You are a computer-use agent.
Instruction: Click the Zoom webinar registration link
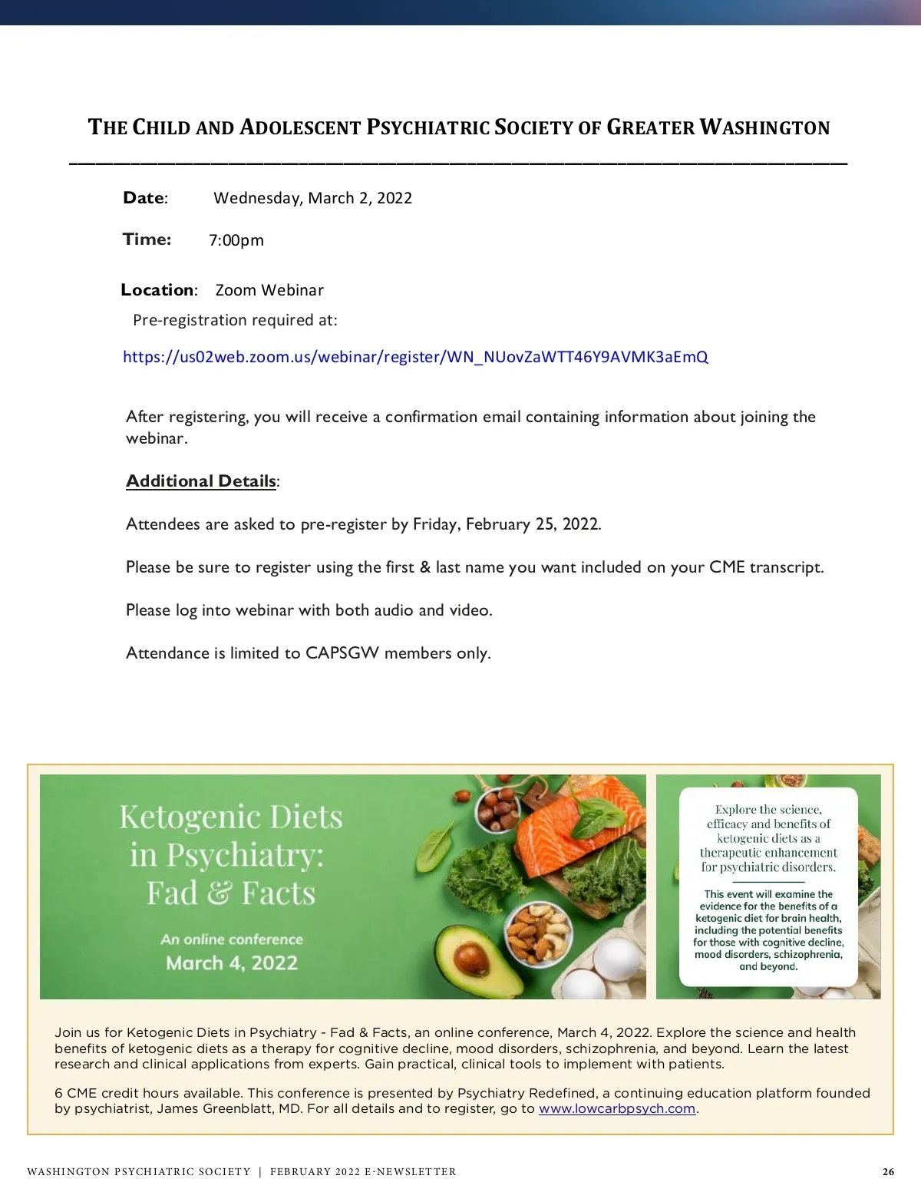click(x=415, y=357)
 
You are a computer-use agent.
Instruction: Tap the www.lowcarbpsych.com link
click(x=617, y=1108)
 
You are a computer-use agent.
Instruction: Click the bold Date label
click(x=144, y=198)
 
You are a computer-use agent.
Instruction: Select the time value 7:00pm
click(x=236, y=240)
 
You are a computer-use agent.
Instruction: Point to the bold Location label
click(x=158, y=290)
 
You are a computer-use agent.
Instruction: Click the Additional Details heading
click(x=201, y=481)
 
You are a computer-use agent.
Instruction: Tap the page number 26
click(x=888, y=1171)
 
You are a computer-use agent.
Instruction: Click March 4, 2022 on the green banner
click(x=232, y=963)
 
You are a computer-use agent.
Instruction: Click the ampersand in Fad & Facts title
click(x=220, y=893)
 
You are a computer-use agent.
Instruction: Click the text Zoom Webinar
click(x=269, y=290)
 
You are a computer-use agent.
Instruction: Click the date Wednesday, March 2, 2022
click(x=312, y=198)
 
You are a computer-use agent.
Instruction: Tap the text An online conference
click(x=232, y=939)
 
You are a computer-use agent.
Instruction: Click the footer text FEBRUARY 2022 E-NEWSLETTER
click(x=363, y=1171)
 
